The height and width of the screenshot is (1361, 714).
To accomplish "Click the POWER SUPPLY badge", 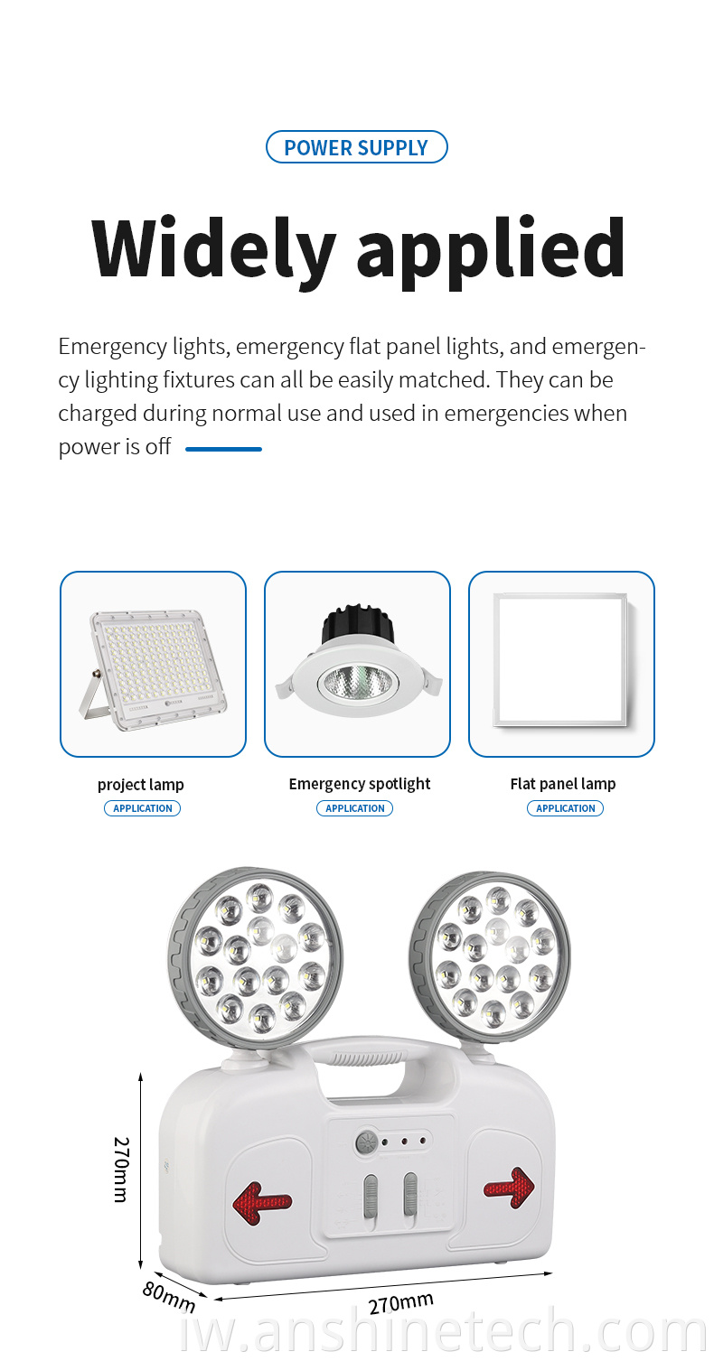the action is (x=356, y=147).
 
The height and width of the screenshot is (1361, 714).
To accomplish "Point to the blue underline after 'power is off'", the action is (x=223, y=449).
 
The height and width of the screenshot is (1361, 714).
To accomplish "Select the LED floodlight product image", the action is (x=153, y=669).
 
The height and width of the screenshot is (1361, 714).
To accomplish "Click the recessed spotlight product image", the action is (x=358, y=660).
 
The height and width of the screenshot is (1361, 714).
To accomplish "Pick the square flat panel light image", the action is (x=560, y=660).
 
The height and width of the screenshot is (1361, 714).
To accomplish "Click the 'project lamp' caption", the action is (x=140, y=785).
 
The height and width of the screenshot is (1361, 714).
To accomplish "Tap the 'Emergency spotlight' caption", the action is (x=360, y=784).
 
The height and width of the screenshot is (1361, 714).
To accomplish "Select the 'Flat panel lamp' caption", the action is (x=562, y=784).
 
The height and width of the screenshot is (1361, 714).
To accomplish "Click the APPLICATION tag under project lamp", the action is (x=142, y=808).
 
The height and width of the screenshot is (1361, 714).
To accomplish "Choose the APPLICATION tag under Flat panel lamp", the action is (x=565, y=808).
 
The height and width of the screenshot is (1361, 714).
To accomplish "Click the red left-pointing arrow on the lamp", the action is (x=261, y=1202).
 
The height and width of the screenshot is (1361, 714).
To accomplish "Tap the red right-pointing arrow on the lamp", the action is (x=510, y=1188).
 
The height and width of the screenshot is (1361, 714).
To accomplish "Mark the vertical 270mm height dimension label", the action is (x=122, y=1170).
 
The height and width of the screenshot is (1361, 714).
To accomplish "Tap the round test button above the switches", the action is (x=366, y=1142).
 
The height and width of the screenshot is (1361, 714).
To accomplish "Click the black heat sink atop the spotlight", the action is (x=358, y=623).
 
